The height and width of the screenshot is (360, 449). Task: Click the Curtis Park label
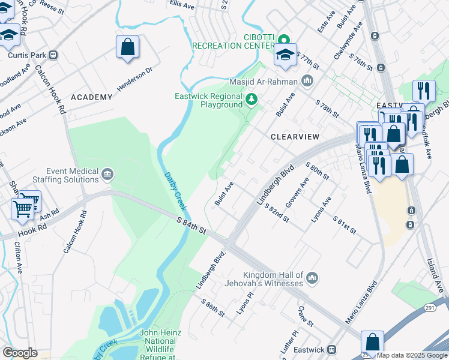(27, 55)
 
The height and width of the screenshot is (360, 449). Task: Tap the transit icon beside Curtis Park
(53, 55)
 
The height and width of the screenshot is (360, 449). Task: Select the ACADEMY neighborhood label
(91, 97)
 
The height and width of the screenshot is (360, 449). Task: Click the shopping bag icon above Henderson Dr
(127, 47)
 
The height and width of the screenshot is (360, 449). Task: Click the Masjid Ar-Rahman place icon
(307, 80)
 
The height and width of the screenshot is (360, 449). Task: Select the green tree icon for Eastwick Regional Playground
(252, 98)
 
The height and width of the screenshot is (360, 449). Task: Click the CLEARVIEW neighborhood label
(295, 137)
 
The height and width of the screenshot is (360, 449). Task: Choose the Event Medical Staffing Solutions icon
(107, 175)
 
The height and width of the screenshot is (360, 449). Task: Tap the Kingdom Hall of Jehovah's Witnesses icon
(312, 277)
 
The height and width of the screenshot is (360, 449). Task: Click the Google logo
(20, 353)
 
